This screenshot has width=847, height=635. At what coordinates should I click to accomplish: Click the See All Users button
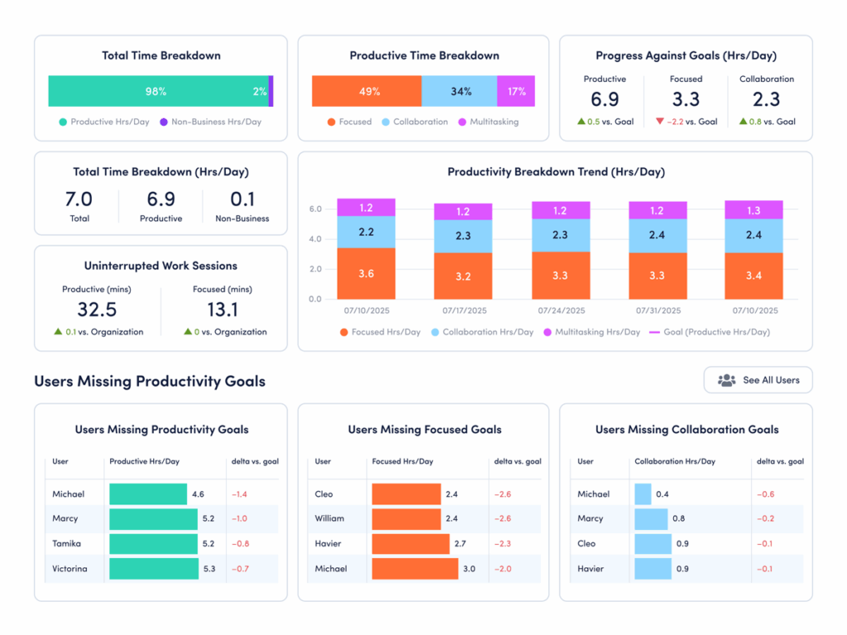[758, 380]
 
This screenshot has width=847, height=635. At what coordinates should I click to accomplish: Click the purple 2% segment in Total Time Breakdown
[270, 92]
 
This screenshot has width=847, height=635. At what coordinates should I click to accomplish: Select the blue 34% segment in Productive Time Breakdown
[459, 92]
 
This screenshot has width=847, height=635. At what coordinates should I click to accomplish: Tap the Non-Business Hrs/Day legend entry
[210, 122]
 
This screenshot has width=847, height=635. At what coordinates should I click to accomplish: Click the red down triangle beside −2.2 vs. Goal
[659, 122]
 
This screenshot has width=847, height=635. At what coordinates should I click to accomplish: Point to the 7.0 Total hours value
[79, 199]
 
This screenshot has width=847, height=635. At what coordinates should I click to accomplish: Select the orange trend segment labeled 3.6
[366, 274]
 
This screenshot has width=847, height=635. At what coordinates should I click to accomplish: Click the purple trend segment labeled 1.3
[754, 210]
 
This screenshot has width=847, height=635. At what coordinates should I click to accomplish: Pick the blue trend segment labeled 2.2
[366, 232]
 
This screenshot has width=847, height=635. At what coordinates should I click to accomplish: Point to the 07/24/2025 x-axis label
[561, 311]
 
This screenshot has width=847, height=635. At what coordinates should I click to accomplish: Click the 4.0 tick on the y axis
[315, 240]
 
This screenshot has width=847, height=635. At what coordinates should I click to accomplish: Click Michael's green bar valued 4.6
[148, 494]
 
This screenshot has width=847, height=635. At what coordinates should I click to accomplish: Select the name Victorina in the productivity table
[70, 569]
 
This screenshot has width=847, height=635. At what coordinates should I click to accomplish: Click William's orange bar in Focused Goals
[406, 519]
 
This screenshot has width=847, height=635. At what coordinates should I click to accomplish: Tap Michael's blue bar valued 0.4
[643, 494]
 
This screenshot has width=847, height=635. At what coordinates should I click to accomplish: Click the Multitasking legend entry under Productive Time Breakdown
[494, 122]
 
